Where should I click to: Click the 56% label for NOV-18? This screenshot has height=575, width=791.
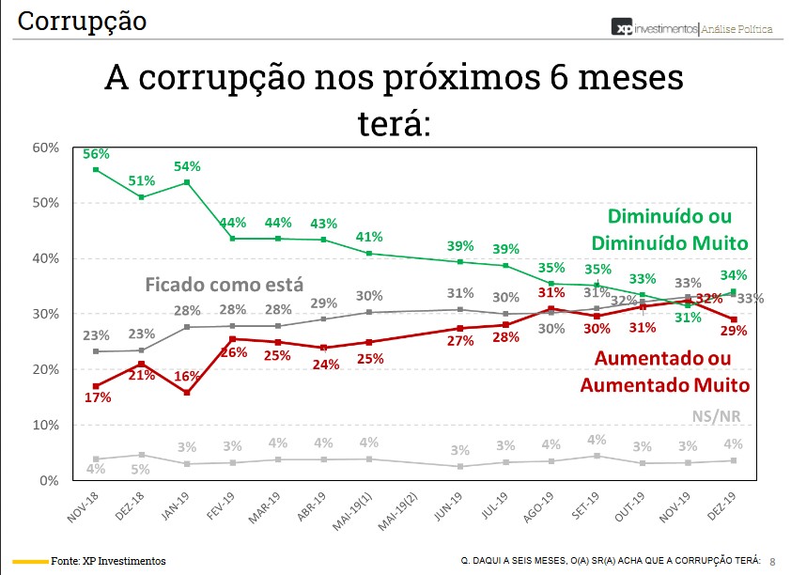point(97,154)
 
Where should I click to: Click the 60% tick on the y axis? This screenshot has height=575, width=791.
point(46,148)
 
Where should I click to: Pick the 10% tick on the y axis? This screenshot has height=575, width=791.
point(46,426)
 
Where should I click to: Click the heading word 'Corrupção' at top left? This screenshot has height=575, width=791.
point(83,21)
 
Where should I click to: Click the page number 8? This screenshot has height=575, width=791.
point(772,561)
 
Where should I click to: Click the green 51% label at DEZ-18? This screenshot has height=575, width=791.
point(143,180)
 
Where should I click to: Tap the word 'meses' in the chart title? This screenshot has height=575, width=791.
point(624,78)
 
